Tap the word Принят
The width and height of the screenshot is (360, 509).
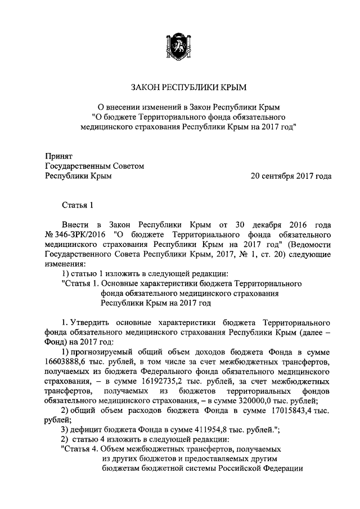click(x=58, y=156)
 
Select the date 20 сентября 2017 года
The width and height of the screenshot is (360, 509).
click(x=291, y=176)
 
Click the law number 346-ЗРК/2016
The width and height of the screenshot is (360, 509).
click(x=79, y=232)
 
